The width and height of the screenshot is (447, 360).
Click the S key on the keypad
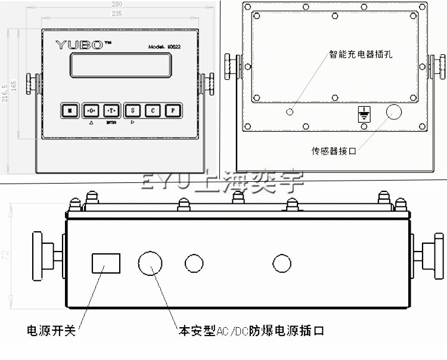(132, 110)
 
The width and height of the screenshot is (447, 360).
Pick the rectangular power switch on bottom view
(105, 263)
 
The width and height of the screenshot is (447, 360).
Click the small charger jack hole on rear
(290, 111)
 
